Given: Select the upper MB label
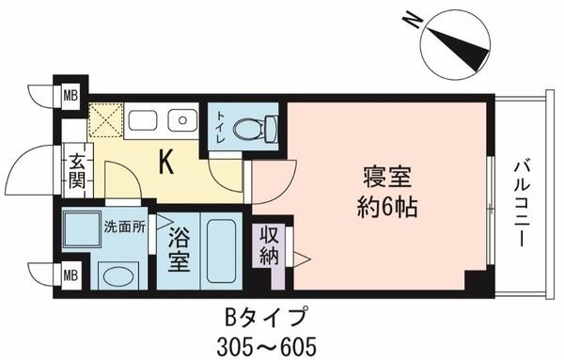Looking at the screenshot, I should point(70,95).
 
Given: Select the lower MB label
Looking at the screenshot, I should point(70,274).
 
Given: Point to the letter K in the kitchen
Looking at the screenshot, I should point(165,163).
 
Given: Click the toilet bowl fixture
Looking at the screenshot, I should point(252,126).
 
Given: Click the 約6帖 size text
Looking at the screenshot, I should point(386,204).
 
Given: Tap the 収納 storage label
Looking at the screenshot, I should point(268,244).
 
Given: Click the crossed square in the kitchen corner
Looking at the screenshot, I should point(102,121).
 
